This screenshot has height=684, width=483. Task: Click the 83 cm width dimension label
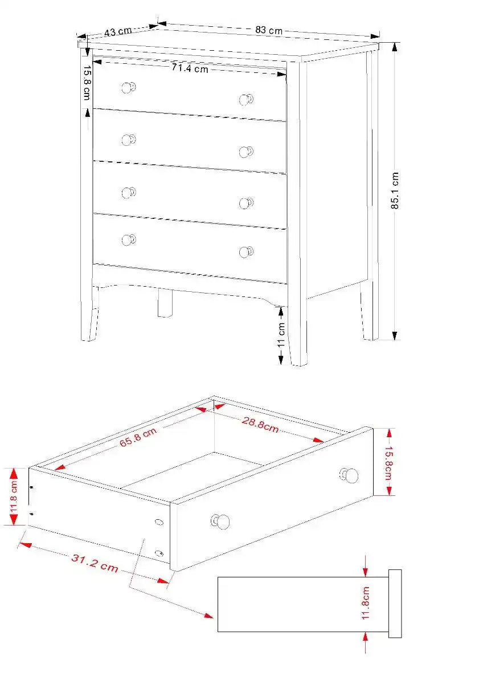(268, 30)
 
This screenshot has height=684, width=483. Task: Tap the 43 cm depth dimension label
(118, 32)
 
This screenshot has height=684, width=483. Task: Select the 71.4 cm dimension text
(190, 69)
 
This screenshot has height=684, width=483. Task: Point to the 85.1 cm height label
(395, 191)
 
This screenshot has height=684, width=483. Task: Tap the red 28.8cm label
(260, 424)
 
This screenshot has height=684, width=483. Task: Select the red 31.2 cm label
(95, 563)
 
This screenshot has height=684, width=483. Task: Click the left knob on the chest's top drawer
(129, 88)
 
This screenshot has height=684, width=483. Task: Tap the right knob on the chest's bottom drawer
(246, 252)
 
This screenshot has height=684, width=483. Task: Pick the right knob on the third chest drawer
(246, 203)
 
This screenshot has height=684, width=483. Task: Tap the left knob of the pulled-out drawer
(222, 521)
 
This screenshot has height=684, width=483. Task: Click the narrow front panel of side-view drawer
(395, 603)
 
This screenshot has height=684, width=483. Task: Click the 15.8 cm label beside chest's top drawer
(87, 83)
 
